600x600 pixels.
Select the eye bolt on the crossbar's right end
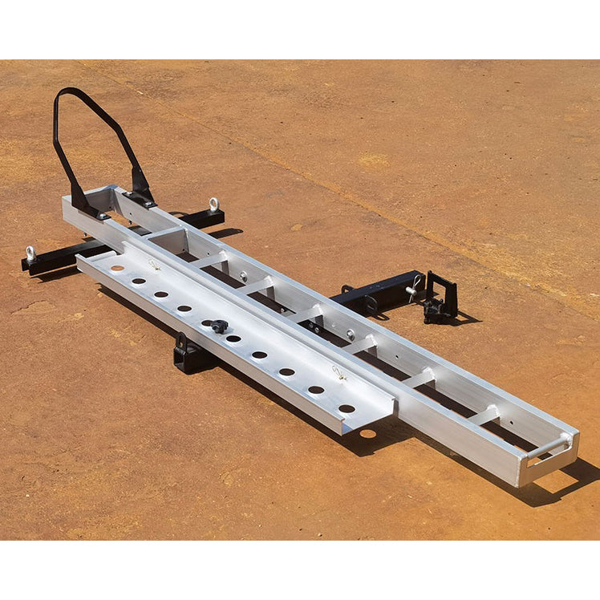point(213,205)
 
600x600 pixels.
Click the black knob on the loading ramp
point(218,326)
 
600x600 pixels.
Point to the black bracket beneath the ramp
point(191,355)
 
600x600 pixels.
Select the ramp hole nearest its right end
point(346,408)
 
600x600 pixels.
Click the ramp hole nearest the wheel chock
point(117,268)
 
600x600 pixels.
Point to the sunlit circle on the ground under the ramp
point(368,434)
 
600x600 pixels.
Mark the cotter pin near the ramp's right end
point(339,373)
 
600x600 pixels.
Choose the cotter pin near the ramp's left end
point(154,264)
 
